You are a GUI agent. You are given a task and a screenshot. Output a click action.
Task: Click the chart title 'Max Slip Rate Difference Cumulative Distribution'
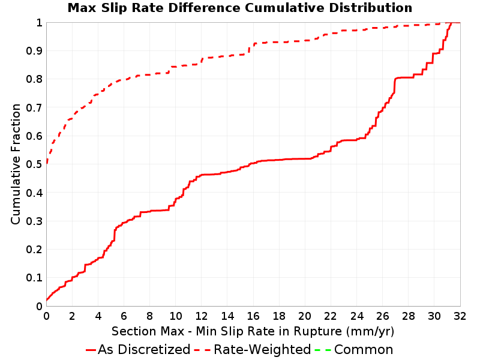point(240,8)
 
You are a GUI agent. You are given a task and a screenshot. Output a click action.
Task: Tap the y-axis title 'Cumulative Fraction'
point(16,164)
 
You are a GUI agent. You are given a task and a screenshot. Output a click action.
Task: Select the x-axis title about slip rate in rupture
point(253,331)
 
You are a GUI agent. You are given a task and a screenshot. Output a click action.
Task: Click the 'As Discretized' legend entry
point(138,350)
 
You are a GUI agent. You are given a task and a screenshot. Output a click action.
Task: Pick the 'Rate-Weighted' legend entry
point(253,350)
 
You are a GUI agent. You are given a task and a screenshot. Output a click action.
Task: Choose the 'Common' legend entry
point(354,350)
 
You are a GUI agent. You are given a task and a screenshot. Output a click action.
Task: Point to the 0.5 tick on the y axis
point(34,164)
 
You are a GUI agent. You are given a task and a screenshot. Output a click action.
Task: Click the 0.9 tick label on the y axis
point(34,51)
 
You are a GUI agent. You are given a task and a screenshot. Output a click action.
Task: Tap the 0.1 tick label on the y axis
point(34,278)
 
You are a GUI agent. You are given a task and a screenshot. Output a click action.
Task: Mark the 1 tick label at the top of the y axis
point(39,23)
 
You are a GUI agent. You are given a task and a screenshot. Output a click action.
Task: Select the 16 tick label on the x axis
point(253,316)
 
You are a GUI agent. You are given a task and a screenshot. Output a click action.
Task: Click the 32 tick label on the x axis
point(460,316)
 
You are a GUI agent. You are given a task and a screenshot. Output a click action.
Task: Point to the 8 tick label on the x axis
point(149,316)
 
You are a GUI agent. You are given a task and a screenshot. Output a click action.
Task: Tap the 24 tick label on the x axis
point(356,316)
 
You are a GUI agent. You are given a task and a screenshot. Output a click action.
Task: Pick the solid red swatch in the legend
point(91,350)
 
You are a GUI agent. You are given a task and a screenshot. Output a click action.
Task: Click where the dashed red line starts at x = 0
point(47,164)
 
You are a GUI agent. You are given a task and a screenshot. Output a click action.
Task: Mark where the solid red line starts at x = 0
point(47,301)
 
